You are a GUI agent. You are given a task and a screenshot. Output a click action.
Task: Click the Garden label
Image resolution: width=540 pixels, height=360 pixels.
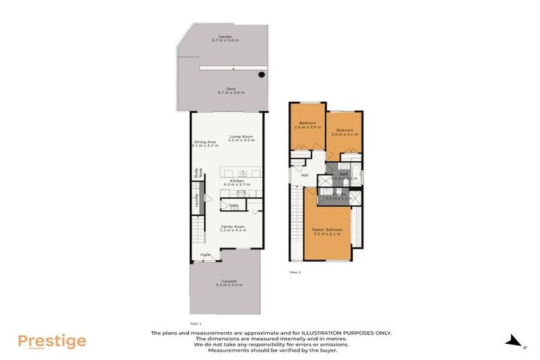coord(225,36)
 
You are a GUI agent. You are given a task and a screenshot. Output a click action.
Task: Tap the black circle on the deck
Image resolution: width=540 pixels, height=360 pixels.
coord(262,75)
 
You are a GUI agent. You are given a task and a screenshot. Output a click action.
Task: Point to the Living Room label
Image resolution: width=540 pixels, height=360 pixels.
coord(240,136)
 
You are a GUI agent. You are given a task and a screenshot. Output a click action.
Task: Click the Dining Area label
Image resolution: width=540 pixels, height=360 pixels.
coord(205,141)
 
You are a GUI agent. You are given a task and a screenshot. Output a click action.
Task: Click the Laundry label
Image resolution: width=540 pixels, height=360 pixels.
coord(197,200)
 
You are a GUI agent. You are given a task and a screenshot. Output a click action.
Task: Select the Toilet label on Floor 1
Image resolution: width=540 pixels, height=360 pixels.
coord(233,205)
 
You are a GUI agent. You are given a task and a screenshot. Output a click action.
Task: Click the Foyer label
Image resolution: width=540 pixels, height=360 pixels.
coord(205,255)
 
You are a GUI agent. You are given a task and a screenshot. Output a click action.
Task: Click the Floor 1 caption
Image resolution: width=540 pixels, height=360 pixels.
coord(196,303)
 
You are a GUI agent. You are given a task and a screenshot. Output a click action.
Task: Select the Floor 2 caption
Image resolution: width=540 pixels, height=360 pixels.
coord(295,270)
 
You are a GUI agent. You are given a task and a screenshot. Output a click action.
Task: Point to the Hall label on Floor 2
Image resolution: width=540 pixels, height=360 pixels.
coord(304,175)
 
